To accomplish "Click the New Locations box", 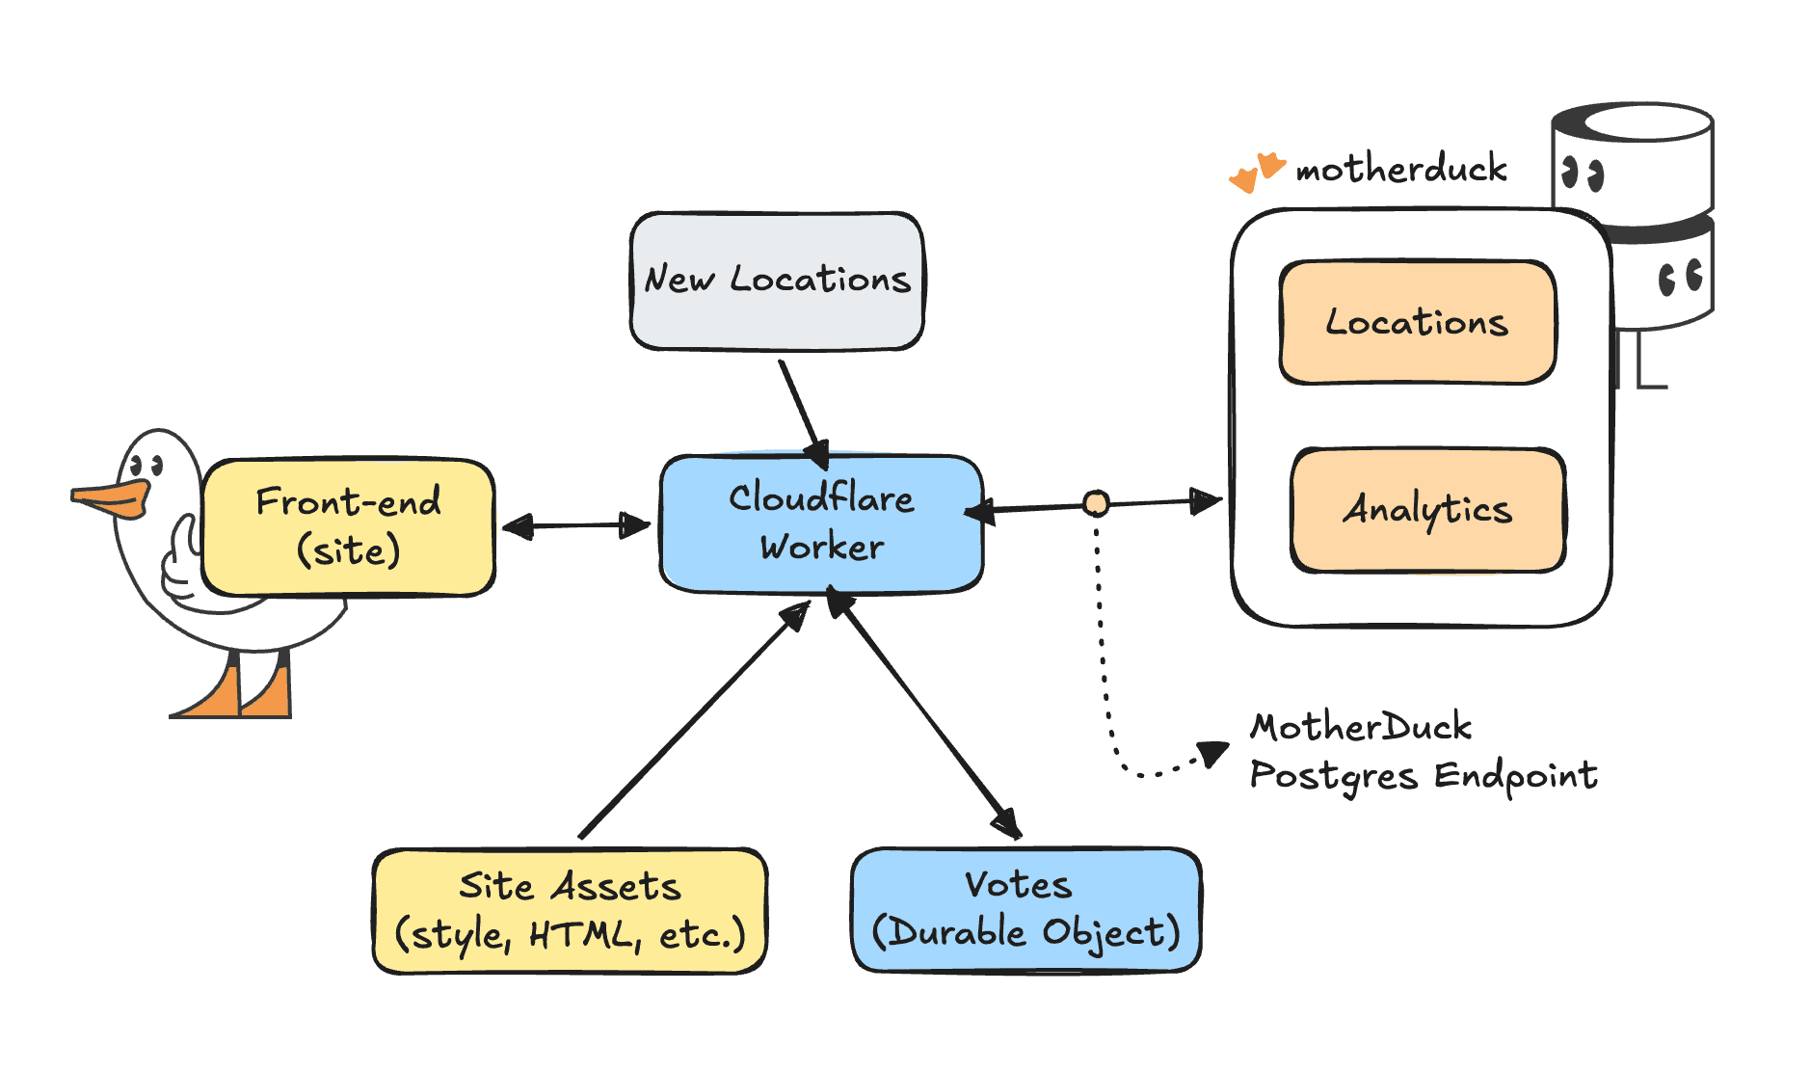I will [777, 281].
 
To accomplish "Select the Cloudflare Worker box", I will [821, 523].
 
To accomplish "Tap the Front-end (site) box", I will [348, 526].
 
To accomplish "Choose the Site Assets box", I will [570, 910].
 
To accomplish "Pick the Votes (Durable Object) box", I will [1025, 909].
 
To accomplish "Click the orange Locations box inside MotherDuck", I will [1417, 322].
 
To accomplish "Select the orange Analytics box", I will [1427, 509].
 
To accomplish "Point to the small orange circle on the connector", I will [1096, 503].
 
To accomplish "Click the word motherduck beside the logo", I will [1400, 170].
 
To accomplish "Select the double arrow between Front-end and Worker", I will [576, 525].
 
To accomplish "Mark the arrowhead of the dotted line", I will [1213, 753].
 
